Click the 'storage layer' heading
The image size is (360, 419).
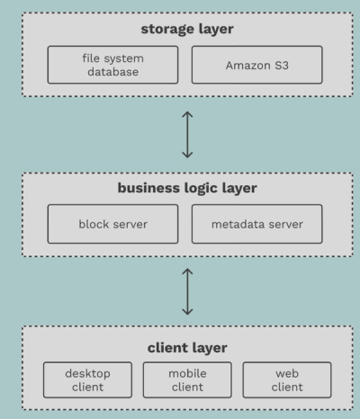coord(187,29)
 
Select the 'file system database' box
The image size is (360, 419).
coord(112,65)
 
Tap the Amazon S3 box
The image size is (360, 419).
coord(256,65)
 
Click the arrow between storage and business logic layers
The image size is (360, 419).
coord(186,134)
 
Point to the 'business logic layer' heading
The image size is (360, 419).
coord(187,188)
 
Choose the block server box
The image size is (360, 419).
coord(112,223)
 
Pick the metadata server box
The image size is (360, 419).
coord(256,223)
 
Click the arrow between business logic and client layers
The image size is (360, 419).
coord(186,291)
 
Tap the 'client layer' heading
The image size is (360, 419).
coord(187,346)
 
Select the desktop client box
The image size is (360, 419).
coord(88,379)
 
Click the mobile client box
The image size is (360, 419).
coord(187,379)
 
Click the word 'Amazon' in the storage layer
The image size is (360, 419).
coord(244,65)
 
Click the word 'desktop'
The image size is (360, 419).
coord(88,372)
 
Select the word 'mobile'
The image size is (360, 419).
coord(187,372)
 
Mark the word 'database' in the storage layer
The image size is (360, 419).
coord(112,72)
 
